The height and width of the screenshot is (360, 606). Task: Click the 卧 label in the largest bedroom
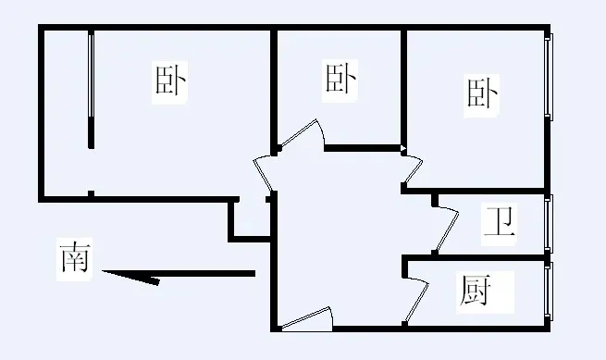[169, 81]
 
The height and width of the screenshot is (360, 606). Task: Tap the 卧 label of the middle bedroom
[340, 80]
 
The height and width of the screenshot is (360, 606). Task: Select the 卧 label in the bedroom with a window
[481, 94]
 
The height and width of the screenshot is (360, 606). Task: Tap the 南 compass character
[75, 258]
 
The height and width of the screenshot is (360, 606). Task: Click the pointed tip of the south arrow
[103, 271]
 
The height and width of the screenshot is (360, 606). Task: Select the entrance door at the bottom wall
[307, 320]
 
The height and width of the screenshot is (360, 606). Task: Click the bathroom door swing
[446, 230]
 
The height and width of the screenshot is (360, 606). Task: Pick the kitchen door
[416, 300]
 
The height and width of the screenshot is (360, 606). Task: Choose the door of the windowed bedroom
[413, 169]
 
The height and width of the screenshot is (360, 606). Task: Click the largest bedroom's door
[264, 174]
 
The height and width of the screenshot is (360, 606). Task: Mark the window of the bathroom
[549, 224]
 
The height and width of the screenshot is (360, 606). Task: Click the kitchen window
[549, 292]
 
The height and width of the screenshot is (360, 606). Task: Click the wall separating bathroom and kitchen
[475, 257]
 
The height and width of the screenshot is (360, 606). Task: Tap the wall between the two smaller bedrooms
[404, 90]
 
